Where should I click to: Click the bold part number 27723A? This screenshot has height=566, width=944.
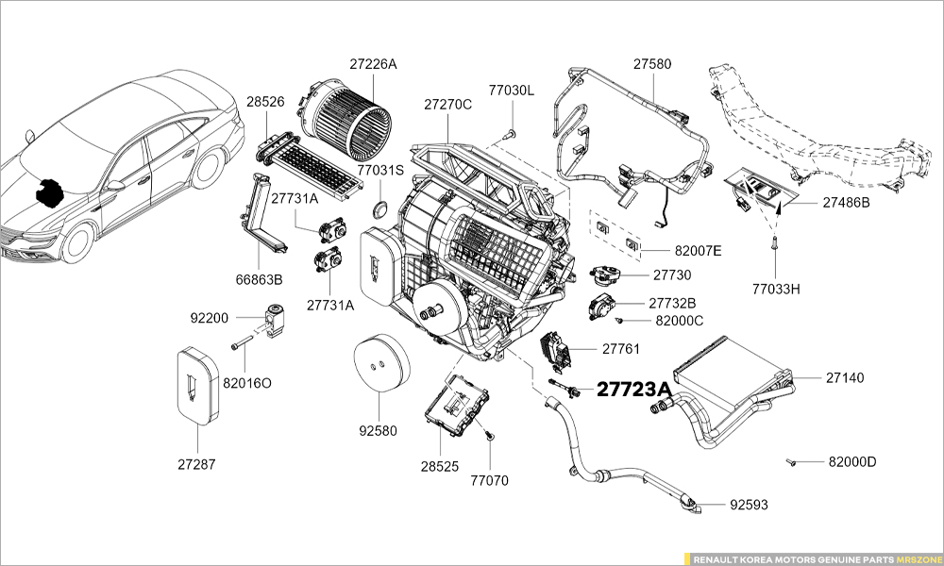634,390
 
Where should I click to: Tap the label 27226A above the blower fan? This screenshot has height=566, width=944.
373,64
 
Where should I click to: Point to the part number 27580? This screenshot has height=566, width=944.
652,64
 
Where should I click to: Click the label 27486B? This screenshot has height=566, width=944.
847,203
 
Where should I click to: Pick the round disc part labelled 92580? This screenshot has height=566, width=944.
381,361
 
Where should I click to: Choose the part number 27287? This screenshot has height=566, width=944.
196,464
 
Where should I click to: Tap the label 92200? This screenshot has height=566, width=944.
210,318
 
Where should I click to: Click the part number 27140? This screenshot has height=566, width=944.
845,377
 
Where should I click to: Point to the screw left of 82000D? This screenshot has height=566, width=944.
791,462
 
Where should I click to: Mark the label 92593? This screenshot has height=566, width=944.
749,505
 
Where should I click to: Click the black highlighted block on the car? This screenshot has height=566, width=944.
49,191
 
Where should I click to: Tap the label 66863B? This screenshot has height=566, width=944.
259,279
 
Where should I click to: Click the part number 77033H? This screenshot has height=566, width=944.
776,289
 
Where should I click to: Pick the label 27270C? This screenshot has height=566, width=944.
447,104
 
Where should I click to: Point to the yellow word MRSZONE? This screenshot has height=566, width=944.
919,559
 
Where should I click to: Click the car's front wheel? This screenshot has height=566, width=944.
78,241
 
